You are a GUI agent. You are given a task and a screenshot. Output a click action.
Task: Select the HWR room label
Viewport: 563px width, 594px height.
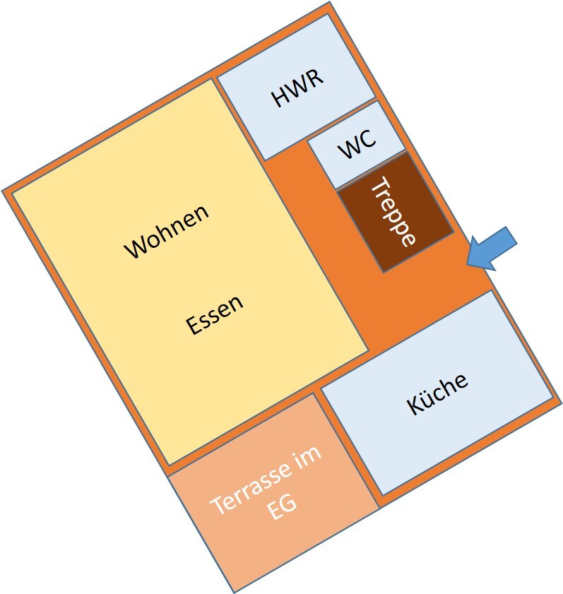[x=298, y=88]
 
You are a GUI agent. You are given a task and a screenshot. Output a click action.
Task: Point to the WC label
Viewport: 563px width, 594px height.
[x=357, y=145]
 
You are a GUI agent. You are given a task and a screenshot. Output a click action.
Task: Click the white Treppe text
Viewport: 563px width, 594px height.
[x=392, y=211]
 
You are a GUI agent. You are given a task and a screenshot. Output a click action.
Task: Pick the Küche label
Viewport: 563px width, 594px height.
[x=437, y=393]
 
